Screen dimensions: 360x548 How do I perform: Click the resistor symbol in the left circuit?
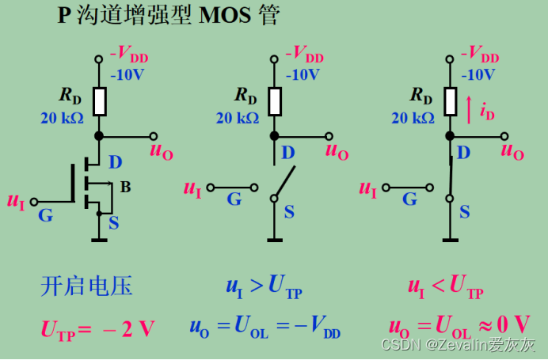pyautogui.click(x=100, y=101)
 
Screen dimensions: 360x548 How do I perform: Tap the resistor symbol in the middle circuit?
pyautogui.click(x=274, y=101)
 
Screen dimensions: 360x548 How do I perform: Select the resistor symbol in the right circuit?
pyautogui.click(x=450, y=101)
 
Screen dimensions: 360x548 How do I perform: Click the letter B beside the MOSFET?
pyautogui.click(x=125, y=187)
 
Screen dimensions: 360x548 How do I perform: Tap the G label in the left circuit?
pyautogui.click(x=45, y=214)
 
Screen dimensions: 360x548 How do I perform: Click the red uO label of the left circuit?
pyautogui.click(x=162, y=151)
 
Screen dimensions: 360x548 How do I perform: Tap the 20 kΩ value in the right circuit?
pyautogui.click(x=413, y=118)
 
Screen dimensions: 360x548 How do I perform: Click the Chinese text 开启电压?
pyautogui.click(x=86, y=286)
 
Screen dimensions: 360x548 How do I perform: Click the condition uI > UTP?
pyautogui.click(x=264, y=287)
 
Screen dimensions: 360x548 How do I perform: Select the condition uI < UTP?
pyautogui.click(x=445, y=287)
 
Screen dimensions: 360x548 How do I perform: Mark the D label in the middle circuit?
pyautogui.click(x=288, y=151)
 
